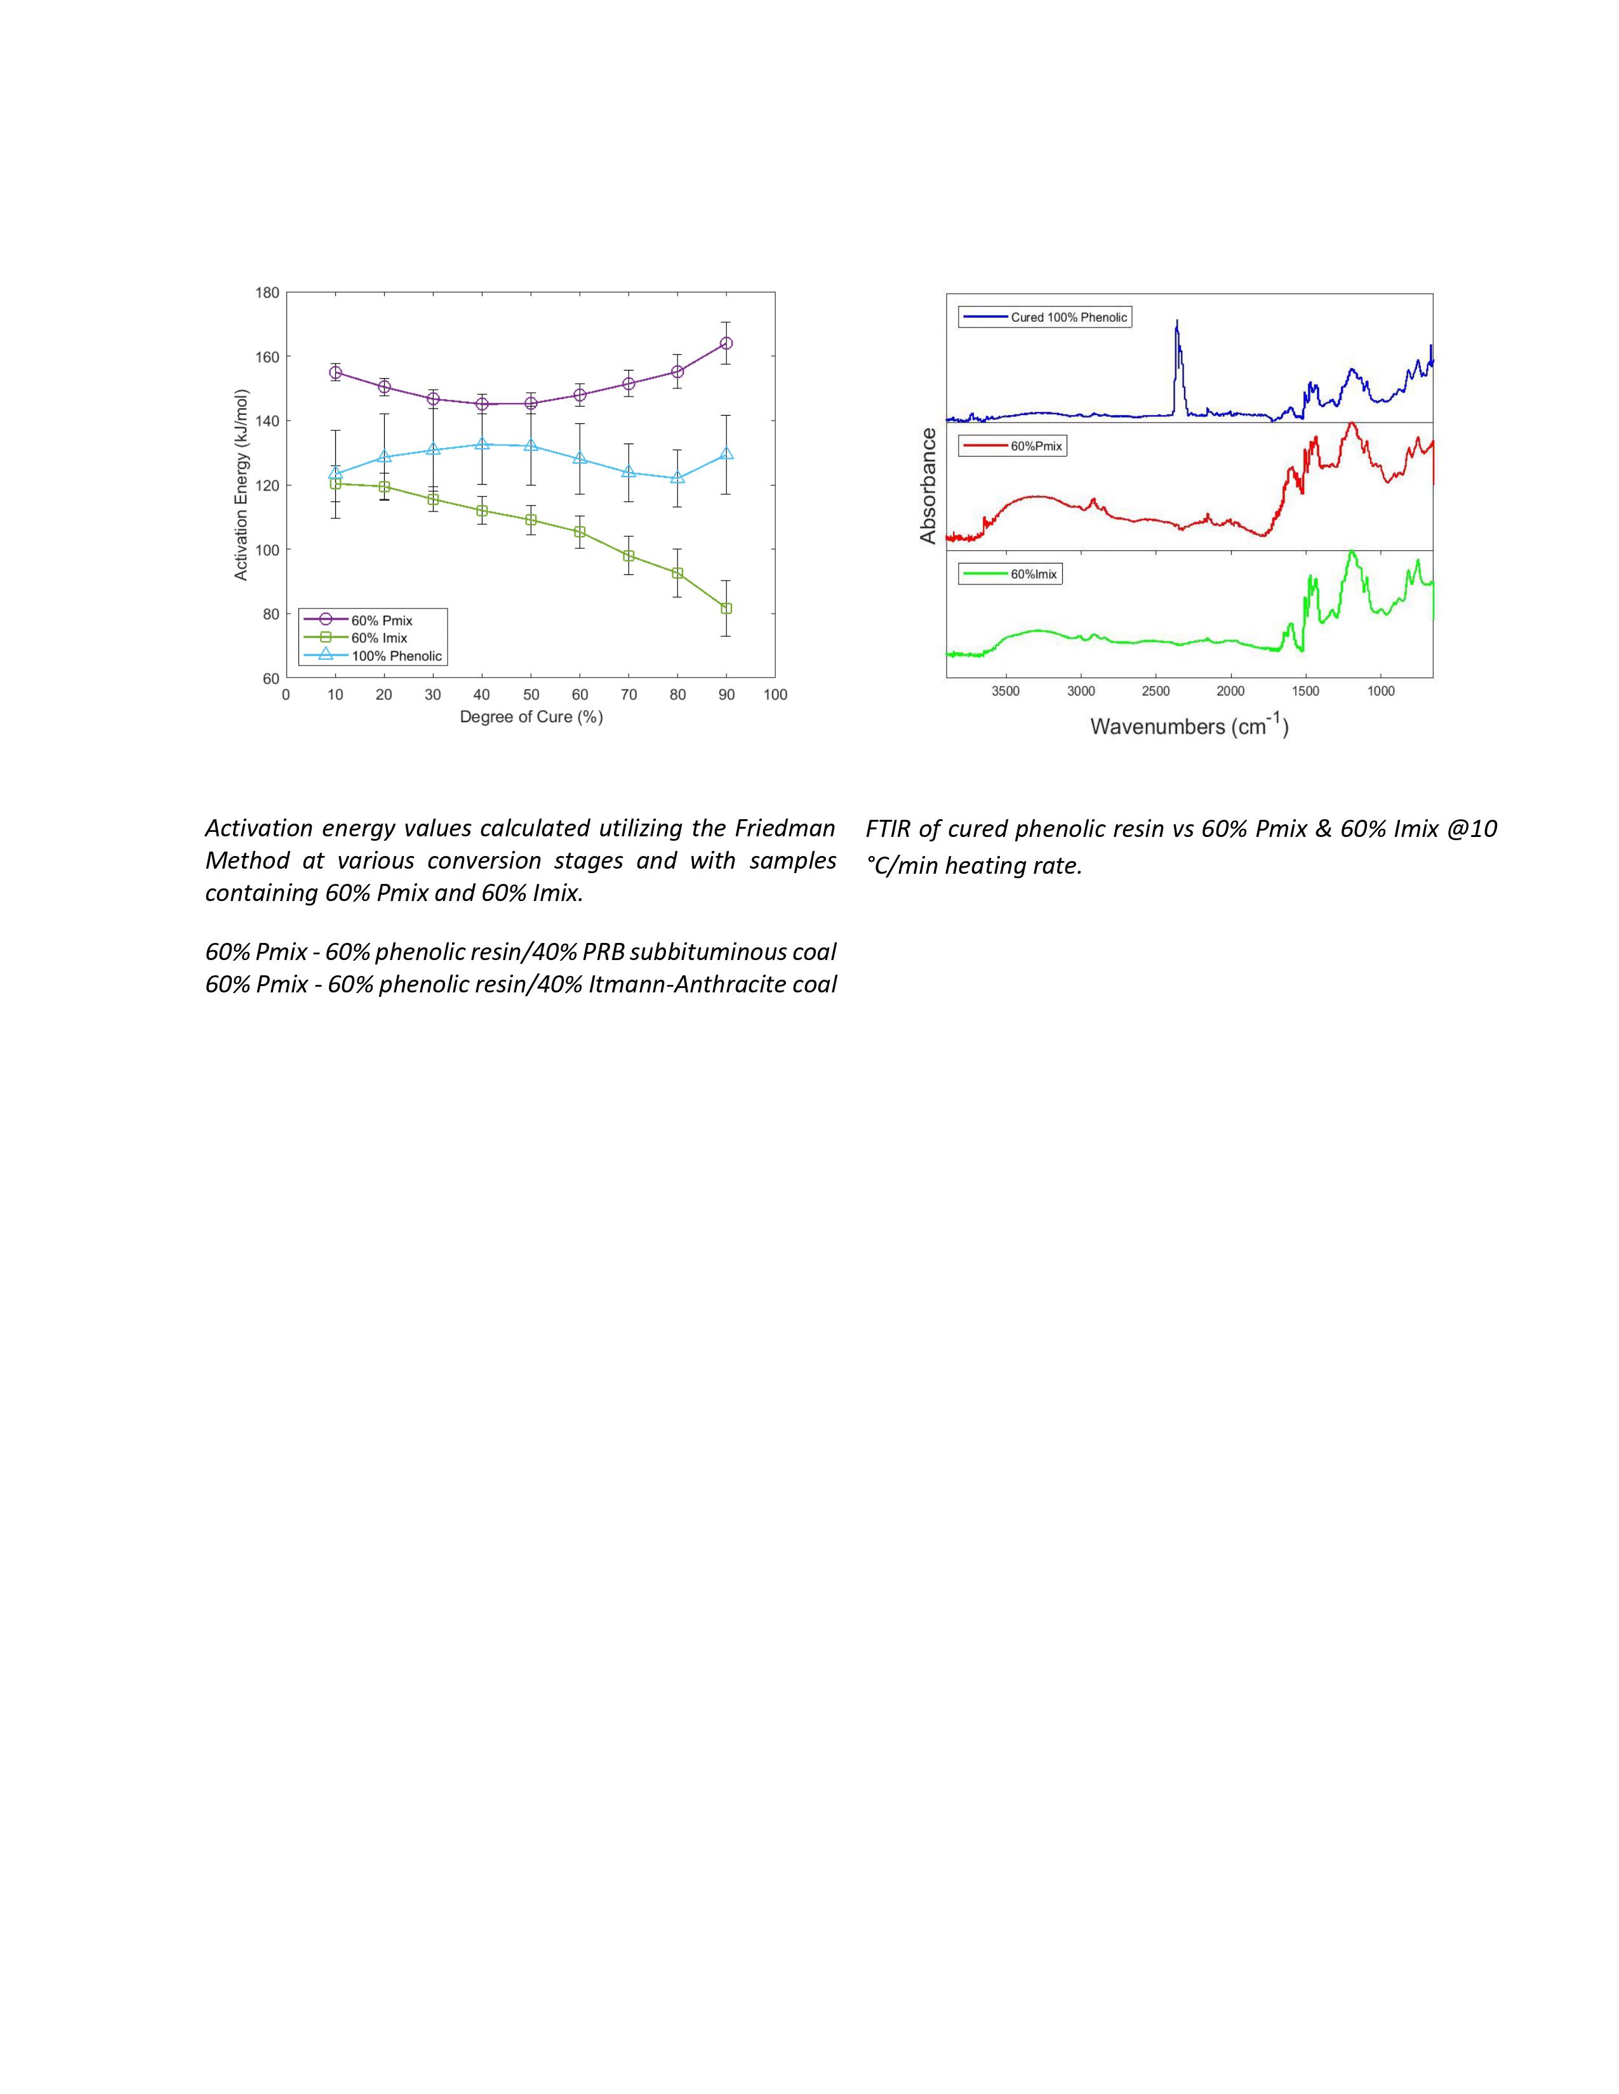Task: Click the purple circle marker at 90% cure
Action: point(726,343)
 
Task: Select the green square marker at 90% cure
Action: point(726,609)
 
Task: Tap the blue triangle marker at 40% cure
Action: point(481,444)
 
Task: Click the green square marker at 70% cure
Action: point(628,556)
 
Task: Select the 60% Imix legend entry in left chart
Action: point(379,638)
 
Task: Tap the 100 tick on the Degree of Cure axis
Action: point(775,695)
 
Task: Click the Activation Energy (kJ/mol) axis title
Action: point(242,484)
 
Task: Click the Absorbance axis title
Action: point(928,486)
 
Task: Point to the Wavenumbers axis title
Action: point(1189,727)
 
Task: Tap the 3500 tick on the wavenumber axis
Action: point(1006,691)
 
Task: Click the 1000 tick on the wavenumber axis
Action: point(1380,691)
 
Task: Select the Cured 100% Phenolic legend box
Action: point(1046,317)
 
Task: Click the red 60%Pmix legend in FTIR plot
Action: point(1012,446)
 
